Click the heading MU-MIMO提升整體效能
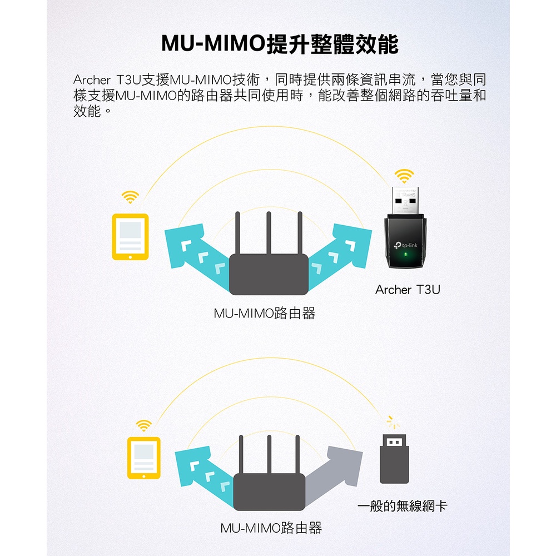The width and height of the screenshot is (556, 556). (x=280, y=43)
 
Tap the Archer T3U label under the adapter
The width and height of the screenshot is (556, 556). (x=407, y=290)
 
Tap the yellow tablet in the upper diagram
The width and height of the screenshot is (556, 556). (x=130, y=237)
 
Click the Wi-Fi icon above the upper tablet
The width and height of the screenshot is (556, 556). (x=130, y=196)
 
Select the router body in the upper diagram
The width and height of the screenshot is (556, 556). (x=269, y=274)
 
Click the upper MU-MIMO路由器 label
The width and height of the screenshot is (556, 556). (x=264, y=314)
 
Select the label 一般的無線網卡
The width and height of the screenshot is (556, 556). (x=402, y=506)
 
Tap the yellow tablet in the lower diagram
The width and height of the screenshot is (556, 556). (x=143, y=458)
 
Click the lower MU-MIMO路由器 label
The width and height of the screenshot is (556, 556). (x=271, y=528)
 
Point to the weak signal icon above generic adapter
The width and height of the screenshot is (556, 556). (x=394, y=422)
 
